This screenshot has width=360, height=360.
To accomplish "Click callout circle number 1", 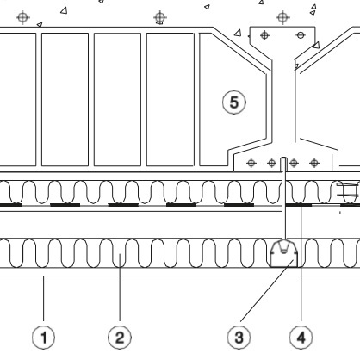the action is [x=43, y=338].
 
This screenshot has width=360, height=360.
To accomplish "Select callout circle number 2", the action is [x=120, y=338].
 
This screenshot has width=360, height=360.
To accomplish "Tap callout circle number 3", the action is [x=239, y=338].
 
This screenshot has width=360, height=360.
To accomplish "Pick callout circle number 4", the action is [x=301, y=338].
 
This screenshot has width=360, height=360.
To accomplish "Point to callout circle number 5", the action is [x=234, y=102].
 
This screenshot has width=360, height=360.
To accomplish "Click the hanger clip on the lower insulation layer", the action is [x=283, y=254].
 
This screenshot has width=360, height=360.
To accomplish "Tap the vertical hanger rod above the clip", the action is [x=283, y=199].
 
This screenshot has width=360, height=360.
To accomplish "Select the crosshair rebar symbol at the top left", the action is [x=23, y=17].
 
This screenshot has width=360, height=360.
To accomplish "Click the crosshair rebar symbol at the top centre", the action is [x=160, y=17].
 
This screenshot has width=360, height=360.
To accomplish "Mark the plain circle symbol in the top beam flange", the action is [x=301, y=35].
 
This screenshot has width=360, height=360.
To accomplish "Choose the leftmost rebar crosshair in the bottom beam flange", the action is [x=251, y=164].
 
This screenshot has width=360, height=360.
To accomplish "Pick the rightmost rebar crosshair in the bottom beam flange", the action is [x=314, y=164].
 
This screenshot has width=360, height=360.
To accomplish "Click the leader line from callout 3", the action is [x=267, y=290].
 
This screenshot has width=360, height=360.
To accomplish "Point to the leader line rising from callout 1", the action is [x=44, y=299].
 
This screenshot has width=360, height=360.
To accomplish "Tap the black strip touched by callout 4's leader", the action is [x=299, y=205].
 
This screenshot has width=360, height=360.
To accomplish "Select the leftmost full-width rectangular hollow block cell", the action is [x=65, y=99].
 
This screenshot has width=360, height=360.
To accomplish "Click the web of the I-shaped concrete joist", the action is [x=283, y=101].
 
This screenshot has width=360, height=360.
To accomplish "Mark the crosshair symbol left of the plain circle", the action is [x=264, y=35].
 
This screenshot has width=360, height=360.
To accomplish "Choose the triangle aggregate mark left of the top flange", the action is [x=238, y=33].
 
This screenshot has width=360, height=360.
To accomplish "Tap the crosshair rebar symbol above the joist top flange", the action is [x=282, y=17].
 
